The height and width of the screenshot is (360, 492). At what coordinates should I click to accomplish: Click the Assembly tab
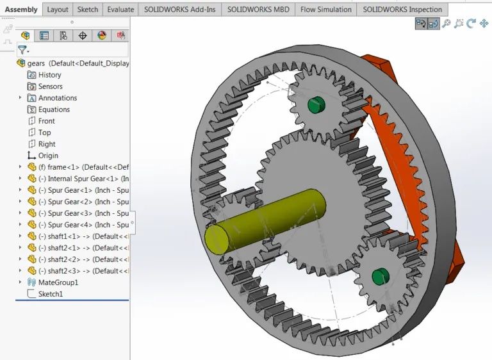[21, 10]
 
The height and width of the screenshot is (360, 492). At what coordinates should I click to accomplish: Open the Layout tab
[58, 10]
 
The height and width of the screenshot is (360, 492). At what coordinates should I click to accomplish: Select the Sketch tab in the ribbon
[88, 10]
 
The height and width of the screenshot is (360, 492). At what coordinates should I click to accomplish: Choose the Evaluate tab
[121, 10]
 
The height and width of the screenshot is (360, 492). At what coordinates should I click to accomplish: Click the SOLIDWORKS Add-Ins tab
[179, 10]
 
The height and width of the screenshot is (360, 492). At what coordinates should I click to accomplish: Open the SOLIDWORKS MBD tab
[258, 10]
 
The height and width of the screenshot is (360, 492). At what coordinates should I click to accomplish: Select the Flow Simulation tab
[326, 10]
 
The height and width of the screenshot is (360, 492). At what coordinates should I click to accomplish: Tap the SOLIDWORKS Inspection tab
[402, 10]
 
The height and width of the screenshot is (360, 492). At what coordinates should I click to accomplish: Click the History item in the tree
[49, 75]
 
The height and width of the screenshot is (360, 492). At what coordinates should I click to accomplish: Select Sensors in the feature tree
[50, 86]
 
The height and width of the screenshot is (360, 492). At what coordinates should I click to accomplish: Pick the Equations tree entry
[54, 110]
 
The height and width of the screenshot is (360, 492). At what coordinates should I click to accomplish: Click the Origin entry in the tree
[48, 156]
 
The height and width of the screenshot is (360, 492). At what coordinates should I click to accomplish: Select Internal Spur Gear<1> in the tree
[83, 179]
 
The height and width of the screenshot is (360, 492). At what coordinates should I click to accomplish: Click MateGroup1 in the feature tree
[58, 282]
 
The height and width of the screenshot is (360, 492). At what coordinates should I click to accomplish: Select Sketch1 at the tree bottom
[51, 294]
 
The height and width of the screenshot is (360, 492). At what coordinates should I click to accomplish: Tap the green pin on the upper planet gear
[314, 104]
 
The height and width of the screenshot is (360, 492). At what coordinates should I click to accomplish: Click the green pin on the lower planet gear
[380, 276]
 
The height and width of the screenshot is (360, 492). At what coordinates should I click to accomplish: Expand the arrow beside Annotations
[20, 98]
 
